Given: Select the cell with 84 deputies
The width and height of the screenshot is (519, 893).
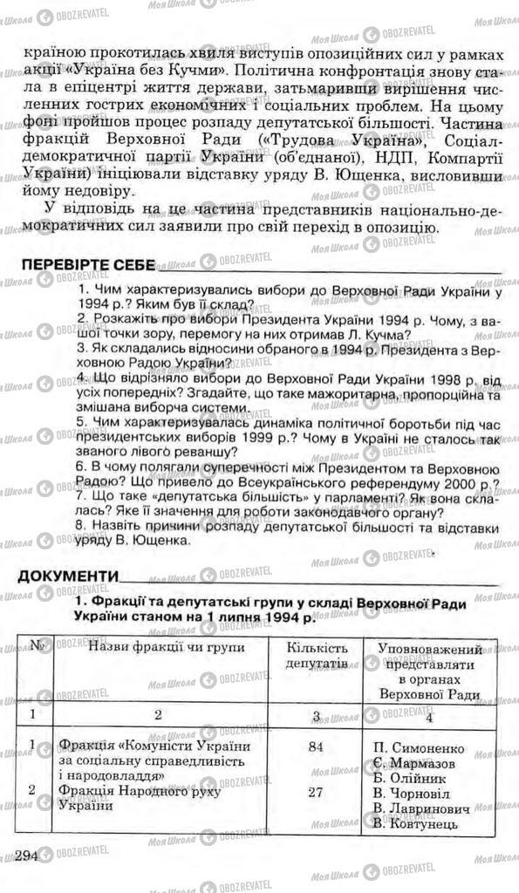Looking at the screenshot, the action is point(317,746).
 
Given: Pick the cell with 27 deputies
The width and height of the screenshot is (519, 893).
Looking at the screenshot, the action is point(317,792).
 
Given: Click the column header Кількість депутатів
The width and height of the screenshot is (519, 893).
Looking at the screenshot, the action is point(317,657).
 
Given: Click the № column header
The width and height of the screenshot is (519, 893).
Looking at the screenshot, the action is point(38,648).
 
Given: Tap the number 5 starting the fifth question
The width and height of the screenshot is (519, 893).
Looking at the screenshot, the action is point(80,423).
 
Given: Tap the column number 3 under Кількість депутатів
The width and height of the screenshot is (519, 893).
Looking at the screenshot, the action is point(317,716).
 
